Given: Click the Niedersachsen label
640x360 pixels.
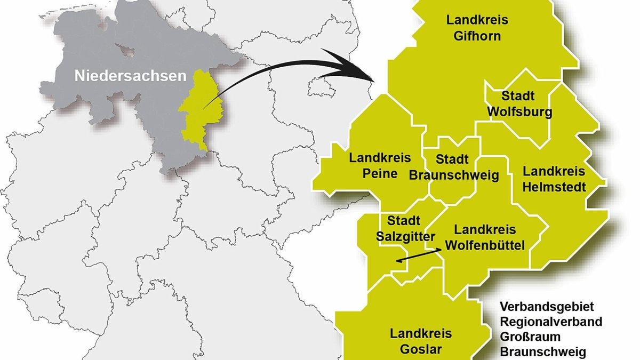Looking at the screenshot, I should (131, 76).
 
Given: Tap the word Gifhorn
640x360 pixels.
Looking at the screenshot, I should (478, 36).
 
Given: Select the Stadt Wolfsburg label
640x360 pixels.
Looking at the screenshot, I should (519, 104).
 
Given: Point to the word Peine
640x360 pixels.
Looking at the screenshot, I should (380, 173).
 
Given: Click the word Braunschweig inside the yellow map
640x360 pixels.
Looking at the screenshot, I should (454, 175).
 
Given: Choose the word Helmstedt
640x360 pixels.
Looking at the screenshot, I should (554, 187).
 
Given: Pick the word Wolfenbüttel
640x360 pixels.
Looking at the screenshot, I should (485, 245).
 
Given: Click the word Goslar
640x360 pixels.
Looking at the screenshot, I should (421, 349).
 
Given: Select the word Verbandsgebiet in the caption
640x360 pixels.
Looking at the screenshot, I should (547, 307).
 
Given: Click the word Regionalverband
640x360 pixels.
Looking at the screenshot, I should (551, 322).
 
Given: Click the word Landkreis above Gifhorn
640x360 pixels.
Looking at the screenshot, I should (478, 21).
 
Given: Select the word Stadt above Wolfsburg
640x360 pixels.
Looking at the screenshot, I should (518, 96).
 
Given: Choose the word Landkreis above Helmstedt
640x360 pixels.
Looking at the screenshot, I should (554, 172).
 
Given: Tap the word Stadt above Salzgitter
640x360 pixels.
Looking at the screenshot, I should (404, 220).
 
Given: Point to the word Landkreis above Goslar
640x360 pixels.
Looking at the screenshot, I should (421, 334).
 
